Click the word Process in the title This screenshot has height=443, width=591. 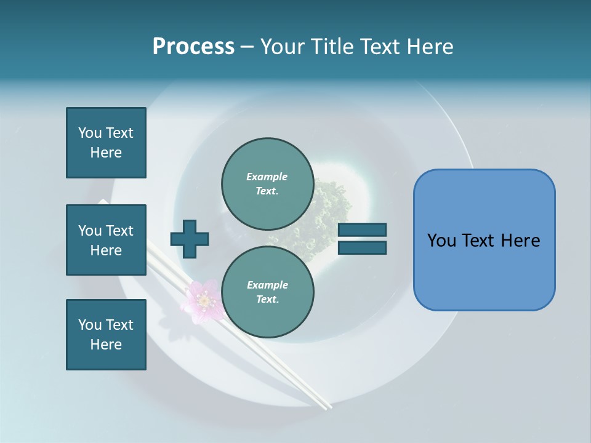pos(193,47)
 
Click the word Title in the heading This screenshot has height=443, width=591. pos(331,47)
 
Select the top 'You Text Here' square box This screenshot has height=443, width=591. pos(106,143)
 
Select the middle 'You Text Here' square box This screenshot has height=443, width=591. pos(106,240)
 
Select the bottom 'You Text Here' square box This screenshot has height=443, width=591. pos(106,335)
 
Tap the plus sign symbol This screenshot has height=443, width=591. pos(190,239)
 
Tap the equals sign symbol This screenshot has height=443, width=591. pos(362,239)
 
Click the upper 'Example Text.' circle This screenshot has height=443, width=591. pos(267,183)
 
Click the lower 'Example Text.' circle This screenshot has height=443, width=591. pos(267,292)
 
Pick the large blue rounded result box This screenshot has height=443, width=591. pos(484,240)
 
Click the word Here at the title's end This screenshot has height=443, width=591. pos(431,47)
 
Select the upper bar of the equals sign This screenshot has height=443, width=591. pos(362,230)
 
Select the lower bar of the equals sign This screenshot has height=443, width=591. pos(362,248)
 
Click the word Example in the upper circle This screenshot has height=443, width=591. pos(267,177)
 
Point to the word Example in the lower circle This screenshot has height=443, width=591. pos(267,285)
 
